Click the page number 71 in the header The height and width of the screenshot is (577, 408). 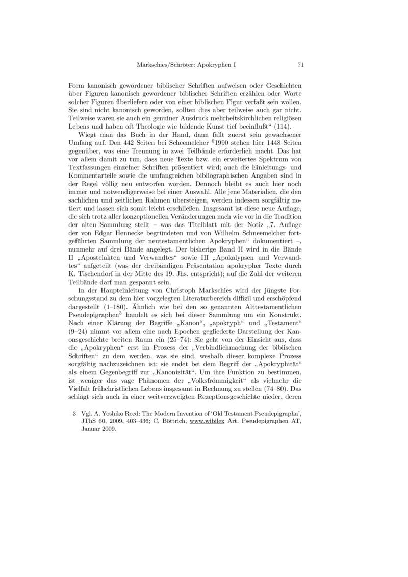(x=300, y=65)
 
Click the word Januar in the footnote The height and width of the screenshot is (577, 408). (x=92, y=429)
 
